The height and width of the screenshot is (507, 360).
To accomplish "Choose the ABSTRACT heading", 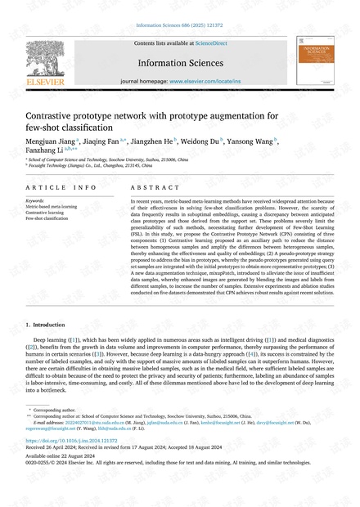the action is (149, 187).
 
